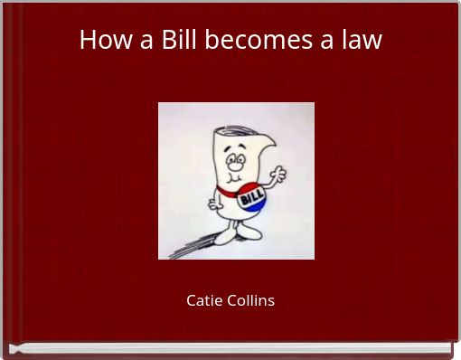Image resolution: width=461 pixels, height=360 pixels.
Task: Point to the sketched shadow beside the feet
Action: (x=185, y=246)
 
